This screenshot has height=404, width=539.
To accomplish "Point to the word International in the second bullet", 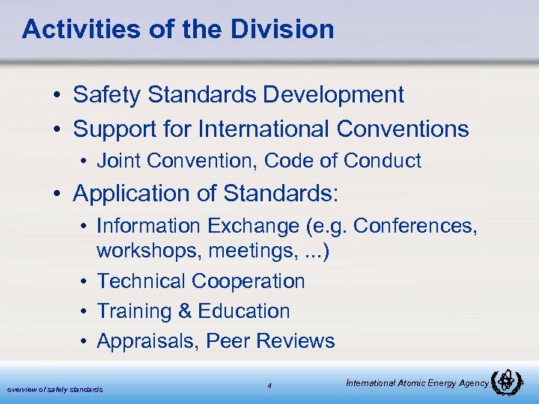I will pyautogui.click(x=264, y=129).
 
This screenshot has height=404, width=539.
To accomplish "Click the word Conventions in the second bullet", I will pyautogui.click(x=403, y=129).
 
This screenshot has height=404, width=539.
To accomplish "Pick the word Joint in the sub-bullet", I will pyautogui.click(x=118, y=160).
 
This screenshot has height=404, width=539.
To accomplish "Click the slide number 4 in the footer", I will pyautogui.click(x=269, y=386).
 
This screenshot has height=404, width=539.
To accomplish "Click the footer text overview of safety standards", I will pyautogui.click(x=55, y=389).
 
